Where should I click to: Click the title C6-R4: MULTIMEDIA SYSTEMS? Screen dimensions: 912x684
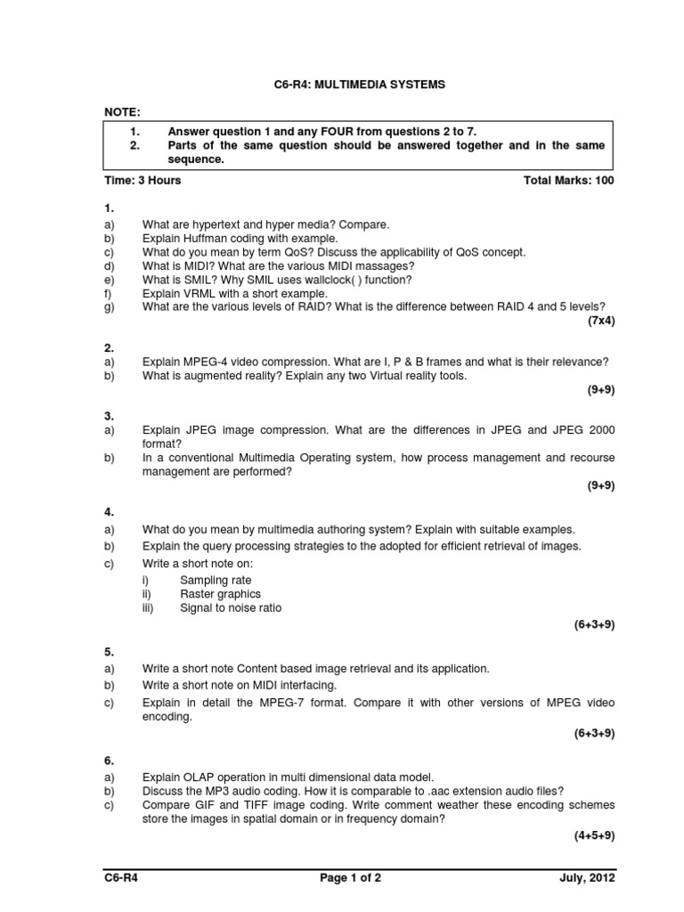pyautogui.click(x=359, y=85)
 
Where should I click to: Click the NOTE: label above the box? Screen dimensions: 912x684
pyautogui.click(x=122, y=111)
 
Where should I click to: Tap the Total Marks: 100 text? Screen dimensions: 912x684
pyautogui.click(x=569, y=180)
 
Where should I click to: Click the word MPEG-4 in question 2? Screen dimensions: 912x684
pyautogui.click(x=208, y=362)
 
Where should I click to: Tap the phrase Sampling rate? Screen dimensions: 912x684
pyautogui.click(x=216, y=580)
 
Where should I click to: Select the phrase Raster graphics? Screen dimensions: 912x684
pyautogui.click(x=220, y=594)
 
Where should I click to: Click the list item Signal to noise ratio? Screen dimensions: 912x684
pyautogui.click(x=230, y=608)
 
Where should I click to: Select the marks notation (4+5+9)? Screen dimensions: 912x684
pyautogui.click(x=594, y=835)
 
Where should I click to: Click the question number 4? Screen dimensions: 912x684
pyautogui.click(x=109, y=512)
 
